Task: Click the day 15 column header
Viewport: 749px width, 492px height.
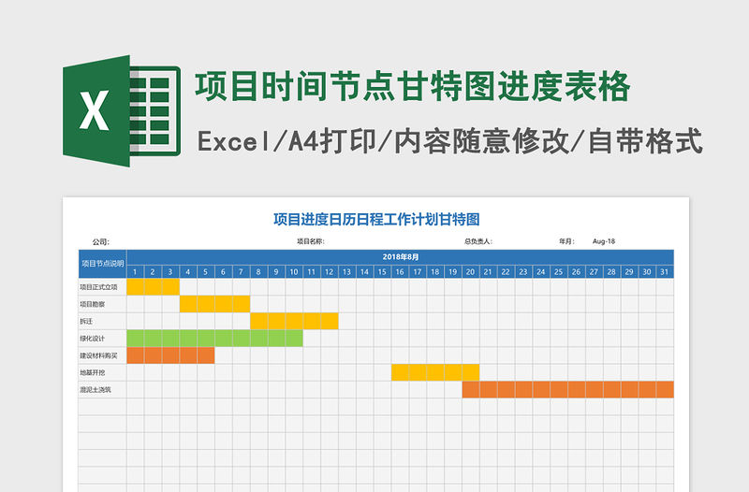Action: pos(382,271)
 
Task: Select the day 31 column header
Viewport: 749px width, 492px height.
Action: pos(665,271)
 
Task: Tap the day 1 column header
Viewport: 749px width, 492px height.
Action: pos(135,271)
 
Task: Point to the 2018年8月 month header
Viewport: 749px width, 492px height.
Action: pos(400,256)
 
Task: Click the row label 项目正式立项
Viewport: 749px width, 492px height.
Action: pos(99,286)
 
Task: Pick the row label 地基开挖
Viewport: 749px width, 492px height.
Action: pos(93,372)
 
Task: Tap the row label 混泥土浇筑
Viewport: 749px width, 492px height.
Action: pos(95,389)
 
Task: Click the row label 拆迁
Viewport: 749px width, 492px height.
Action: pos(86,321)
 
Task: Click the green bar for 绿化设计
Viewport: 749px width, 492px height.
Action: pos(214,338)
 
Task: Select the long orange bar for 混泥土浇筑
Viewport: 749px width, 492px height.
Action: pos(567,389)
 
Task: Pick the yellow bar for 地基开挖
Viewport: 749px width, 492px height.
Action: pos(434,372)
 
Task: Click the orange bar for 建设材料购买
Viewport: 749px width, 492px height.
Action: pos(170,355)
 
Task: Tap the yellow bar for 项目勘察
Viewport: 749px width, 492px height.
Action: pos(214,303)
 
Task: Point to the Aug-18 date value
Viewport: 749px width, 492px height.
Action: pos(604,241)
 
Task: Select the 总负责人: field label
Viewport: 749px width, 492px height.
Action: pos(478,241)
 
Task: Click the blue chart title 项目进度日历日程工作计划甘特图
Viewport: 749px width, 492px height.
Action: pos(375,220)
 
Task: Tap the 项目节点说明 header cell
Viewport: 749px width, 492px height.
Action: pos(102,264)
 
